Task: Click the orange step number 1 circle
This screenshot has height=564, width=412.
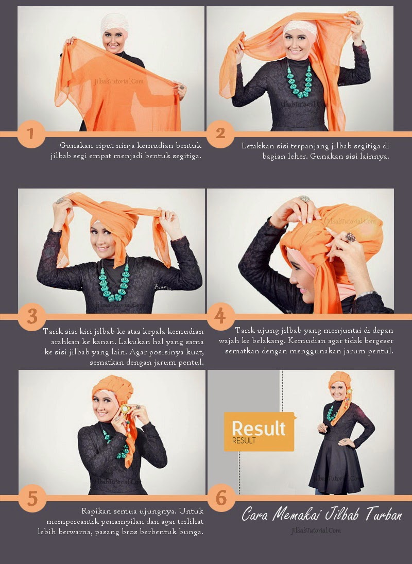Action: click(31, 134)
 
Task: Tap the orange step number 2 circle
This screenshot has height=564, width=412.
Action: click(220, 134)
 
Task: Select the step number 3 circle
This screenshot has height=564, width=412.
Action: click(32, 317)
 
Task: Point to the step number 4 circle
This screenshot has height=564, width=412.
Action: click(220, 317)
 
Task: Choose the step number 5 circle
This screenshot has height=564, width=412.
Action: click(32, 498)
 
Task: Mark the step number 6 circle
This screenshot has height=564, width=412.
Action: click(221, 498)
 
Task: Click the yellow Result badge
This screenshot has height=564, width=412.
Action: click(260, 432)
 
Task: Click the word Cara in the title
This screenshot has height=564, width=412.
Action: click(255, 515)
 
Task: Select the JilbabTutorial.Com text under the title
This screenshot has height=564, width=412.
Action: click(316, 530)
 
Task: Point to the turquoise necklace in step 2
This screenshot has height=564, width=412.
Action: click(299, 80)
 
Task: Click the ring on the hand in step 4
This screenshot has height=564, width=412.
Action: click(350, 237)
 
